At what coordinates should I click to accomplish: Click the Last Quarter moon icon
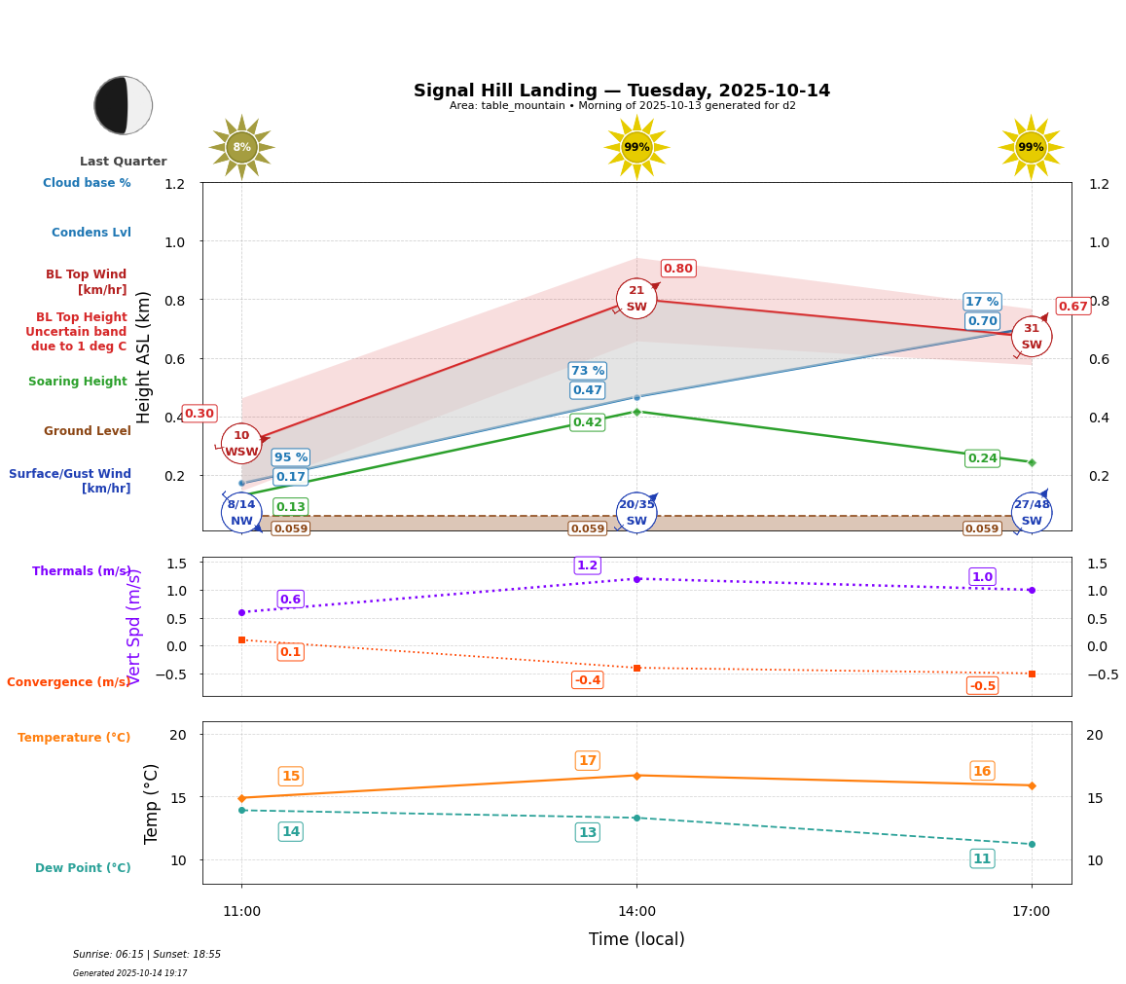124,105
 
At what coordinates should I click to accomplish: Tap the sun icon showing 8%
241,148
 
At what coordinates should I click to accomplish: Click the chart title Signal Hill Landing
622,91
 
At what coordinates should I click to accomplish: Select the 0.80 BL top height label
678,269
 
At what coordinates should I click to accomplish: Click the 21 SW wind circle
636,299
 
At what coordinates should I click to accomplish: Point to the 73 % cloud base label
588,371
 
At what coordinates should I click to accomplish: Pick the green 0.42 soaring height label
588,422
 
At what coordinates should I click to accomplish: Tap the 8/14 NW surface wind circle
241,512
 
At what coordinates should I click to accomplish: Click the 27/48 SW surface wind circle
1032,512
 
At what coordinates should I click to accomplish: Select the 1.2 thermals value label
588,565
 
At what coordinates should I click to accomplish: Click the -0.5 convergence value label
983,686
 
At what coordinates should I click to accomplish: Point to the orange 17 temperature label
588,761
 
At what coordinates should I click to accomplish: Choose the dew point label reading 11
983,858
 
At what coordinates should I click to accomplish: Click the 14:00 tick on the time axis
636,912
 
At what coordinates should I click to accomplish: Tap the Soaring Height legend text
78,382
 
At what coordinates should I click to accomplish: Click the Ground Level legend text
88,431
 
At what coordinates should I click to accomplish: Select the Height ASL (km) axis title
144,356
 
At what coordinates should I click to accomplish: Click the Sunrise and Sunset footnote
147,955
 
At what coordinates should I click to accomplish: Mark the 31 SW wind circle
1032,337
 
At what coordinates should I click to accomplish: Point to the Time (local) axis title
636,939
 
